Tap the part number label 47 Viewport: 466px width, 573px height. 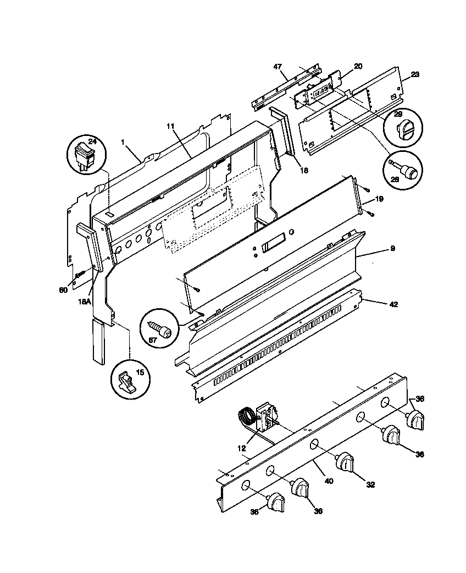[278, 67]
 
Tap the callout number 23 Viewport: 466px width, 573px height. [415, 75]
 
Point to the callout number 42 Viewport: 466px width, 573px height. [393, 304]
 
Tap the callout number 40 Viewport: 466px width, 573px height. [329, 480]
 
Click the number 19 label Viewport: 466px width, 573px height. [379, 198]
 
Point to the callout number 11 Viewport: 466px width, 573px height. [170, 126]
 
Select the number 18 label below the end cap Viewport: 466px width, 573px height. [304, 170]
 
